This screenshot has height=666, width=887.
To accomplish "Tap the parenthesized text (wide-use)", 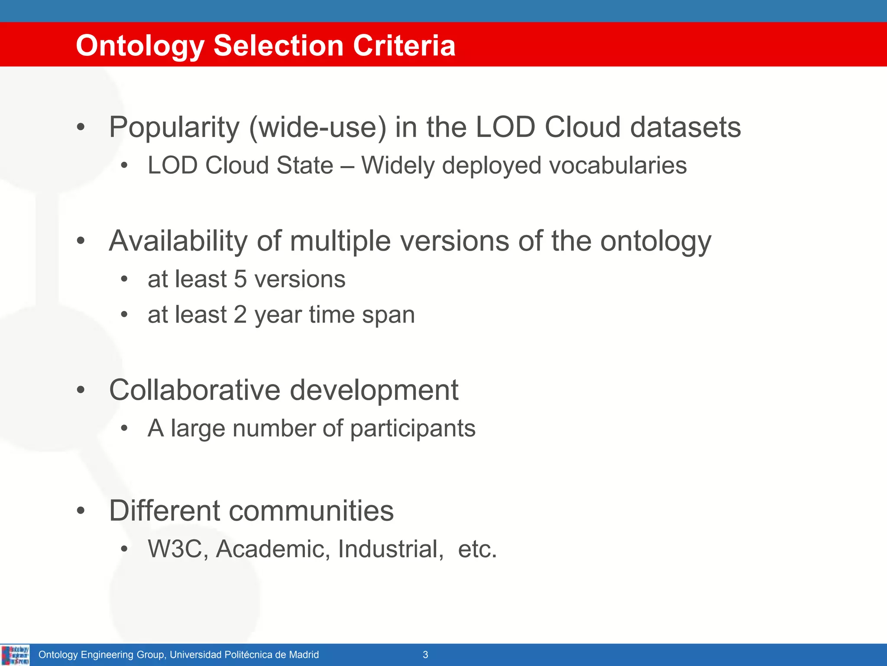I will tap(317, 127).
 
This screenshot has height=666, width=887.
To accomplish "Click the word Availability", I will tap(178, 241).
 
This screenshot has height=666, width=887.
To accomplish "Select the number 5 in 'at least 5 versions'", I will tap(240, 279).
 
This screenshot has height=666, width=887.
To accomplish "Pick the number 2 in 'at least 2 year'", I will tap(240, 315).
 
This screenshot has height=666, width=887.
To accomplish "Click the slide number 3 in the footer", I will tap(425, 655).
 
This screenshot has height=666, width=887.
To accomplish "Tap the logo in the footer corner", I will tap(16, 655).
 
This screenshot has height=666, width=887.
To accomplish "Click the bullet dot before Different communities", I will tap(81, 511).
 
